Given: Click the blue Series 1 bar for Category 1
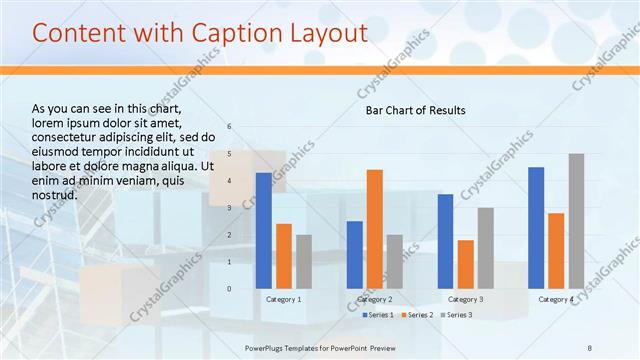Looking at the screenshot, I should [263, 231].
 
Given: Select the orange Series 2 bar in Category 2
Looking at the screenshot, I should [374, 229].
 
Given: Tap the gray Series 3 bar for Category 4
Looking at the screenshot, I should [576, 221].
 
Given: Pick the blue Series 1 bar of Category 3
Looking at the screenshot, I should [445, 241].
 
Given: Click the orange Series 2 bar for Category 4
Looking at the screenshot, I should [556, 251].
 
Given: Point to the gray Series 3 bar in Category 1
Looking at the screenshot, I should [303, 262].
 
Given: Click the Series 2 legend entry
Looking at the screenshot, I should [418, 315].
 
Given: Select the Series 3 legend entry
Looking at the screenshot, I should [457, 315].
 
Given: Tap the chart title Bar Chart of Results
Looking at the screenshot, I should [414, 110].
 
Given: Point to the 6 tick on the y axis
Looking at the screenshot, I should [229, 127].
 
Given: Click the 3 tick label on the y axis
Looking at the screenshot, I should [229, 208].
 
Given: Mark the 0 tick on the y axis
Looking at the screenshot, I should [229, 289].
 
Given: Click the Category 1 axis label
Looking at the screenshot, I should [283, 299].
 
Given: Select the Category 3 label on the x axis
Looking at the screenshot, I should [465, 299].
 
